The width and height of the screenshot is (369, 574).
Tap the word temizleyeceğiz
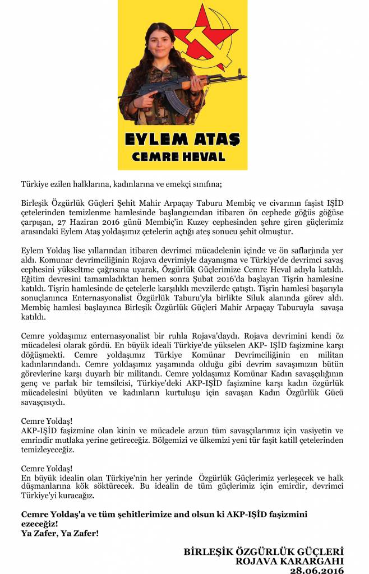click(x=47, y=449)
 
